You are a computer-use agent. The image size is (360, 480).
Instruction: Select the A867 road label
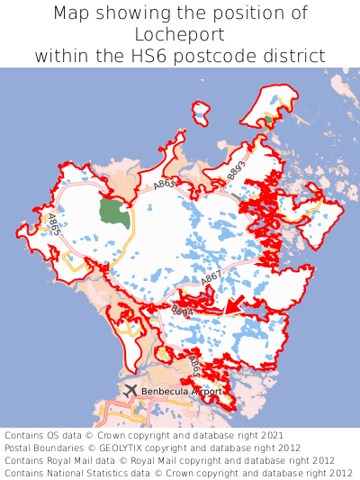211,280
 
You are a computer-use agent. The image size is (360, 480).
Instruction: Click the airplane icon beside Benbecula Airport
131,390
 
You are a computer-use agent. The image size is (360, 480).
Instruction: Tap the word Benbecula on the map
166,392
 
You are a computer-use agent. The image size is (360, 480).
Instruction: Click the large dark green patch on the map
114,213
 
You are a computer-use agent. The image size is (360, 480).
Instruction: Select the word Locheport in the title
180,34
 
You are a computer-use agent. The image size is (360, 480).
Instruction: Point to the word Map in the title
73,14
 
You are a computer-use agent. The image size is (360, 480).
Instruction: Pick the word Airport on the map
204,392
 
